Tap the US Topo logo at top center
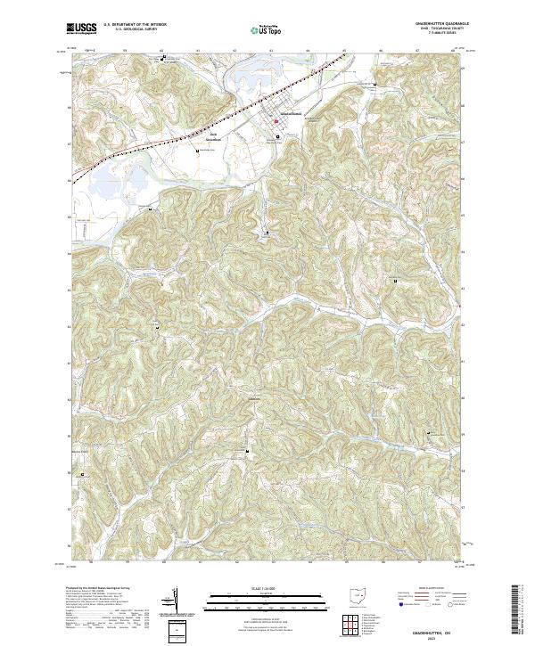(x=267, y=29)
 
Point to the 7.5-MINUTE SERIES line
(x=430, y=34)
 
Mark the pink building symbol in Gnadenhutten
(x=276, y=121)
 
